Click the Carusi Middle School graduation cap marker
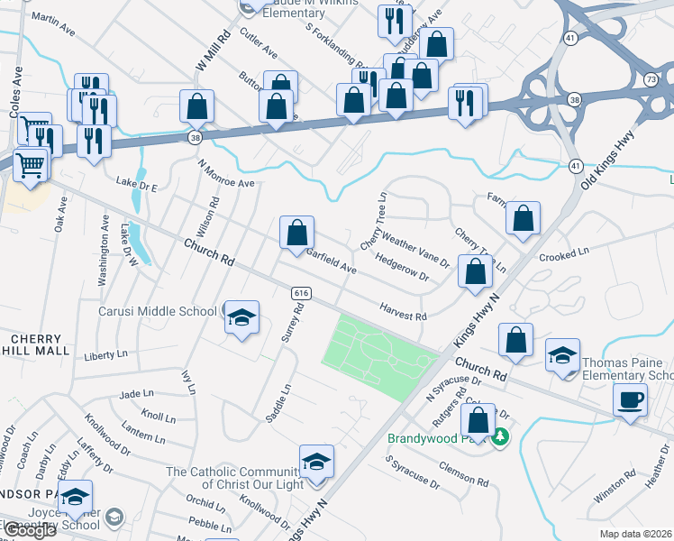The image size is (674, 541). (x=241, y=316)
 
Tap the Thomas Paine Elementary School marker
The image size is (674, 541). (x=562, y=355)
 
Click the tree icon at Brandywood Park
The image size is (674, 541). (x=501, y=437)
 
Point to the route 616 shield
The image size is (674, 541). (x=302, y=294)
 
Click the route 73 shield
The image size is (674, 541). (x=651, y=80)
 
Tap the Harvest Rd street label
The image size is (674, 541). (x=402, y=312)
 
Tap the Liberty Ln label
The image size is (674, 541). (x=105, y=355)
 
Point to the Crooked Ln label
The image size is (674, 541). (x=563, y=257)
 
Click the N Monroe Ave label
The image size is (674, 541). (x=226, y=174)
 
